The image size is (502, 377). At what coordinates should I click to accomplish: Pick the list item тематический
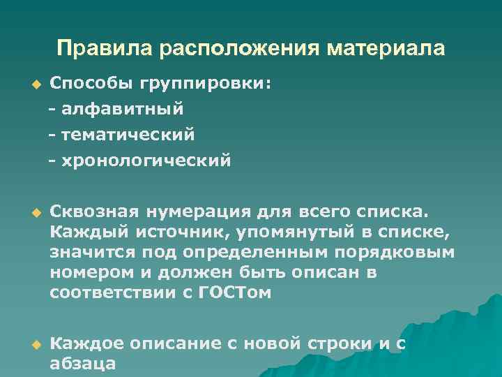pos(127,133)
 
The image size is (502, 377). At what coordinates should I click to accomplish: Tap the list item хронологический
pos(145,161)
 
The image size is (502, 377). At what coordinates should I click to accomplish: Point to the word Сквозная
pos(94,210)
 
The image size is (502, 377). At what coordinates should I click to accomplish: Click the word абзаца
pos(82,364)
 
